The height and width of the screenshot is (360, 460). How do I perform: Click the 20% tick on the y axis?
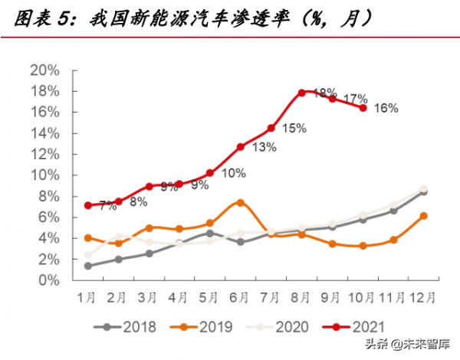click(x=44, y=70)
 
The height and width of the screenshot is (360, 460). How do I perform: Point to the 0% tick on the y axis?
click(x=47, y=281)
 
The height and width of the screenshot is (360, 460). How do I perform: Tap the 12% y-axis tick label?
click(x=44, y=155)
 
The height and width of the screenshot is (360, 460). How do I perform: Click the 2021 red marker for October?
click(x=363, y=108)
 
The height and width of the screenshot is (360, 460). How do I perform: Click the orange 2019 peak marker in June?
click(x=241, y=203)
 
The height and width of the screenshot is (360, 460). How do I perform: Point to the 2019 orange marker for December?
click(x=423, y=216)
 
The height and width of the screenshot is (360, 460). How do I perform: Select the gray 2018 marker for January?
click(x=89, y=266)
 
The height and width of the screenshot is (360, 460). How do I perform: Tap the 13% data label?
click(x=264, y=147)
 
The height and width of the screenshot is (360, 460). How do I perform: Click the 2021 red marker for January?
click(x=89, y=205)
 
